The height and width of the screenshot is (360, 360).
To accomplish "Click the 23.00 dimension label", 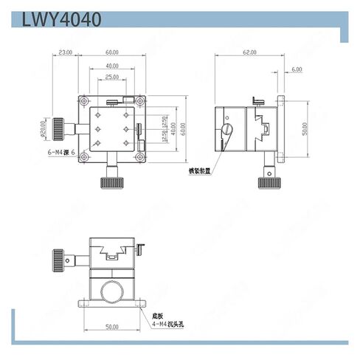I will pyautogui.click(x=65, y=53).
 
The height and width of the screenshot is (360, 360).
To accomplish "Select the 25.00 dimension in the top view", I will pyautogui.click(x=112, y=77).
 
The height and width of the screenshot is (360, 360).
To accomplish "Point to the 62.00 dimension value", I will pyautogui.click(x=249, y=53).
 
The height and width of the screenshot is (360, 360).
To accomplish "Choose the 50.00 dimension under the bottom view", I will pyautogui.click(x=111, y=326).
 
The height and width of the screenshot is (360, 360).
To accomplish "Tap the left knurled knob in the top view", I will pyautogui.click(x=58, y=129).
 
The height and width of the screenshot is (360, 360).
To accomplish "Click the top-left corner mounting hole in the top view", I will pyautogui.click(x=85, y=101).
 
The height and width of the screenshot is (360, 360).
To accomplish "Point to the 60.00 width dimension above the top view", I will pyautogui.click(x=112, y=53).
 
